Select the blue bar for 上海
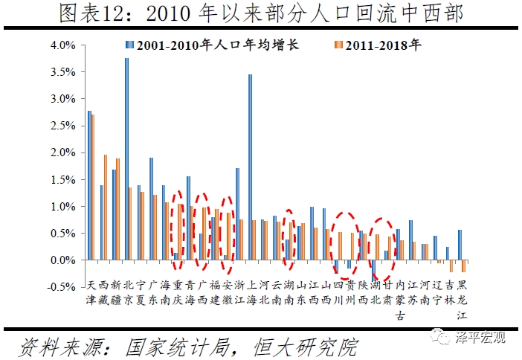(x=250, y=167)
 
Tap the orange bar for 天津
(x=93, y=187)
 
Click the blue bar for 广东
(x=151, y=208)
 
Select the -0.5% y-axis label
(x=62, y=287)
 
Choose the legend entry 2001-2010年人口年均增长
(x=216, y=45)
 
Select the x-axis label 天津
(x=91, y=293)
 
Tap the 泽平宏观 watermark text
(x=481, y=339)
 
